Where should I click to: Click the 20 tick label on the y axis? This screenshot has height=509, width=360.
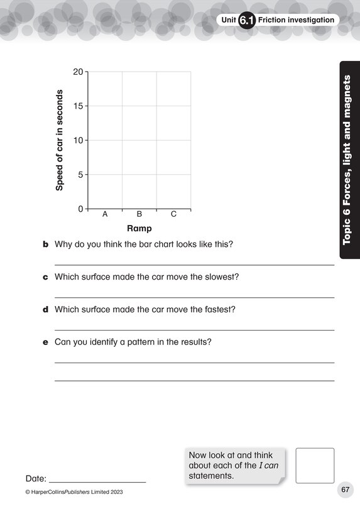[x=78, y=72]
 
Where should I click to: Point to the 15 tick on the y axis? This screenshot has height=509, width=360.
[x=78, y=106]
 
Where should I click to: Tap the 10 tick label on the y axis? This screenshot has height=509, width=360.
[x=78, y=140]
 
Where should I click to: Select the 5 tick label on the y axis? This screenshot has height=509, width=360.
[x=80, y=174]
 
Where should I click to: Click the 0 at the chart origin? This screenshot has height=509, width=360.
[x=80, y=209]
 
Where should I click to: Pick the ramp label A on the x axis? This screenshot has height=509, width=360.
[x=105, y=214]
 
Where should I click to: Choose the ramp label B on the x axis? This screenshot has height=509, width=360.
[x=139, y=214]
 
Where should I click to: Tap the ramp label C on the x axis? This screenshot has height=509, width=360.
[x=174, y=214]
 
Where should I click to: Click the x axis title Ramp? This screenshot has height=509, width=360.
[x=139, y=229]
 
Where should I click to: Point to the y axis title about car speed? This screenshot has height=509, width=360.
[x=60, y=140]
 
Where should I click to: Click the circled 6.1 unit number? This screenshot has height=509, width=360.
[x=247, y=21]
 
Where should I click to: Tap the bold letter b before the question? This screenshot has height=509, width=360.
[x=45, y=244]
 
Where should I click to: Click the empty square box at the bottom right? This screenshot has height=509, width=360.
[x=315, y=466]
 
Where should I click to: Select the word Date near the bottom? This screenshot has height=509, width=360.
[x=36, y=478]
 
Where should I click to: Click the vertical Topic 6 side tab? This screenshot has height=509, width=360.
[x=348, y=160]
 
